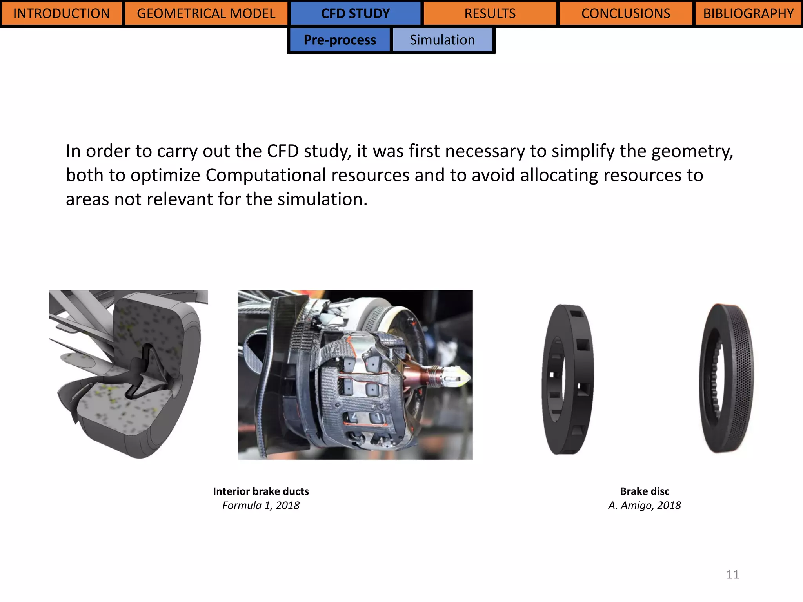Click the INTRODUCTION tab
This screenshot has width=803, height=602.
pos(62,13)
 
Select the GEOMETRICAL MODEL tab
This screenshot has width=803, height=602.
pos(206,13)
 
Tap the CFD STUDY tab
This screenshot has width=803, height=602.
pos(355,13)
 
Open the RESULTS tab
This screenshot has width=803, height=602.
pos(490,13)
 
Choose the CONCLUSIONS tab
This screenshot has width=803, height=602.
pos(626,13)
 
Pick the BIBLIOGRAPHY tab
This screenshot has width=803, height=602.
pos(748,13)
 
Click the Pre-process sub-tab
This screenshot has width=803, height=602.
pos(340,40)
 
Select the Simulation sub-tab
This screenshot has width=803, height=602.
pos(442,40)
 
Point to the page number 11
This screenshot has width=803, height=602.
pos(732,575)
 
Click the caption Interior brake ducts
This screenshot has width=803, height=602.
pos(261,491)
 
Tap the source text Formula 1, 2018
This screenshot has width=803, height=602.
pos(261,506)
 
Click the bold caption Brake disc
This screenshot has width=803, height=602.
pos(645,491)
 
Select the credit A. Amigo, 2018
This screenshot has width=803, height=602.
pos(645,506)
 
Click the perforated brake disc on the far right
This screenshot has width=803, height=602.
pos(726,378)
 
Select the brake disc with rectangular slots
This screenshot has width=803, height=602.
pos(568,379)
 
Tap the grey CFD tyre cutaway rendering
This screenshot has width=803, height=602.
pos(129,372)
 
